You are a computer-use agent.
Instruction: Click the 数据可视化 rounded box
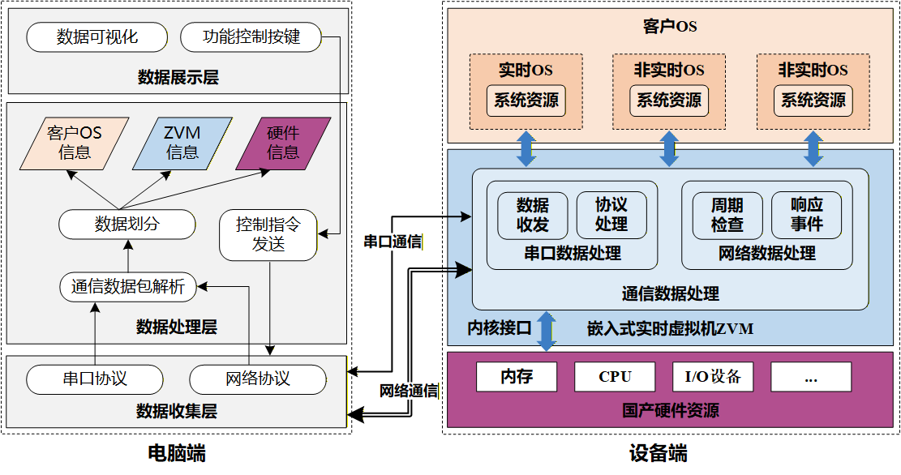97,37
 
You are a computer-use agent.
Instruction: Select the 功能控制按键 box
251,37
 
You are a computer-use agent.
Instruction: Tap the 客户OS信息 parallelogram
74,143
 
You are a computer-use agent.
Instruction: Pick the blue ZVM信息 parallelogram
182,143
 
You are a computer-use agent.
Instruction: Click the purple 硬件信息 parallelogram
283,143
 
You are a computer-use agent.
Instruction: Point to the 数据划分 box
127,224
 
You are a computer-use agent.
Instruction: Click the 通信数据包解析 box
127,286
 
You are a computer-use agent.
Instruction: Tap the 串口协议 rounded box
95,379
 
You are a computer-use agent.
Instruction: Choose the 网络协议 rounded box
257,379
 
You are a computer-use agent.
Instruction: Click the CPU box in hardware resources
615,377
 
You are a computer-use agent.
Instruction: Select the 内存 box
517,377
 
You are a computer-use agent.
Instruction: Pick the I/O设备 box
713,377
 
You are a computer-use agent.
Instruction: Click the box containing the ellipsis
811,377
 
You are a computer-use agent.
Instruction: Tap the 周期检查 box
727,215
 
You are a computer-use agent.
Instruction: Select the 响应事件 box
806,215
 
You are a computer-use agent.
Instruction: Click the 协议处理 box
611,215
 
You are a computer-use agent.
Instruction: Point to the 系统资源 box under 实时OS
526,101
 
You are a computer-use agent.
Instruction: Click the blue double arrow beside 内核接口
547,331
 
